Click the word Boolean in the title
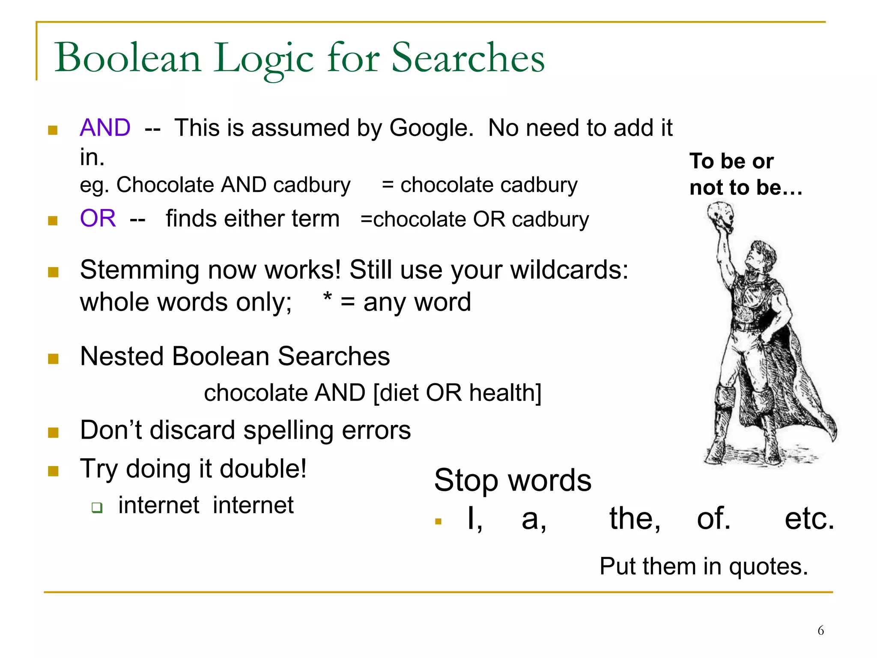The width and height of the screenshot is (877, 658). (x=128, y=58)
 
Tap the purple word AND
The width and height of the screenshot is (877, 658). (x=105, y=128)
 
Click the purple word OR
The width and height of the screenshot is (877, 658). (x=98, y=218)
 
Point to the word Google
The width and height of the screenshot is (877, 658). (x=431, y=128)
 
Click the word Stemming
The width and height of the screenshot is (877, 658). (x=140, y=270)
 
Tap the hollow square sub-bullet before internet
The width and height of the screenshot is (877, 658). (x=97, y=508)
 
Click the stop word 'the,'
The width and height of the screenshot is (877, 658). (x=635, y=519)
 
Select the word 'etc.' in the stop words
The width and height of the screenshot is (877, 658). (x=809, y=519)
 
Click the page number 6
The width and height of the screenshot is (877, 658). (x=820, y=631)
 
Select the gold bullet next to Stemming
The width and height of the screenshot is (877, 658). (x=53, y=272)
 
